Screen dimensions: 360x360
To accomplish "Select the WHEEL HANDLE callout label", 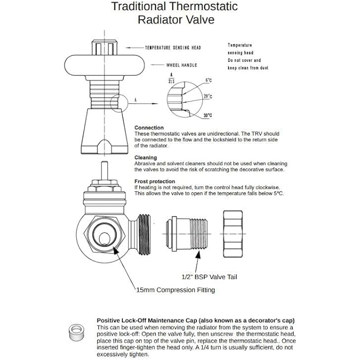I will [x=182, y=65].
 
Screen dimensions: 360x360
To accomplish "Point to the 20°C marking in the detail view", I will [x=208, y=96].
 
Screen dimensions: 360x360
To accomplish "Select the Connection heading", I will [x=149, y=128].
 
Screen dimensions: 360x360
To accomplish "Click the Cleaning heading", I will [x=145, y=157].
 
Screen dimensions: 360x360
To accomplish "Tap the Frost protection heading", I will [x=155, y=181].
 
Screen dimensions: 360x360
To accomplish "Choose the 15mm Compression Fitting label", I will [x=175, y=290].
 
